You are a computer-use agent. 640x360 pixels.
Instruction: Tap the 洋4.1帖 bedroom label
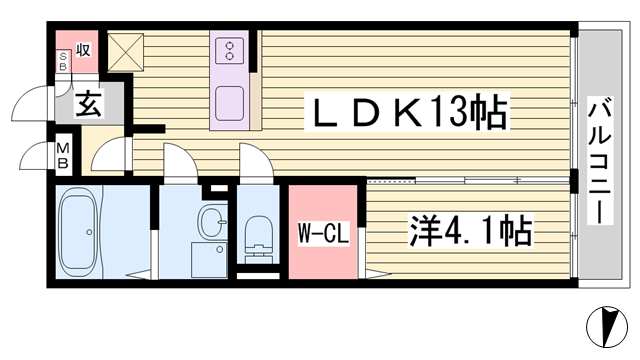tap(471, 230)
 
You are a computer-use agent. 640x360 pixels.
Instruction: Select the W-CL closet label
tap(323, 233)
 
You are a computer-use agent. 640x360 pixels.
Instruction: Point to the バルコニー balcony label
tap(600, 160)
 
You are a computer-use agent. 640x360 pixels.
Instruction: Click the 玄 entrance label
tap(89, 103)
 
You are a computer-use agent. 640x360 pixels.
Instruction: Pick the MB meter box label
tap(63, 155)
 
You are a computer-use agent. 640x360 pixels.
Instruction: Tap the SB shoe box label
tap(63, 61)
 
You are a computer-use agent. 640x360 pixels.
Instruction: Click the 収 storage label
tap(83, 50)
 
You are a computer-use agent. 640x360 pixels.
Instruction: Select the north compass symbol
tap(607, 327)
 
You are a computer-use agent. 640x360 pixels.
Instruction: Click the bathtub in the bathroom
tap(79, 232)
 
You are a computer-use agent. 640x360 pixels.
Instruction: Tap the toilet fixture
tap(258, 238)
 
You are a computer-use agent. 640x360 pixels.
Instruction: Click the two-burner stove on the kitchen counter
tap(230, 51)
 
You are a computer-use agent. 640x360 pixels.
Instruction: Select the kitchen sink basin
tap(230, 104)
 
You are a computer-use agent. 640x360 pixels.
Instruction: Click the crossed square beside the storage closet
tap(125, 52)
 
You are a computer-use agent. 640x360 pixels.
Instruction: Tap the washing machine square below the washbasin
tap(209, 260)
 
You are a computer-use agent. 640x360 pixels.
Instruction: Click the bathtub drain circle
tap(89, 232)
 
